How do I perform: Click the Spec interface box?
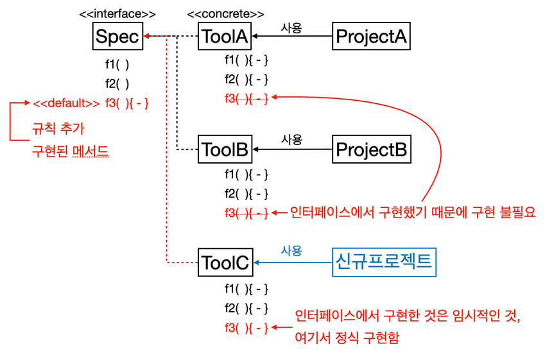point(117,36)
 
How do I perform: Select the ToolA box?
point(225,36)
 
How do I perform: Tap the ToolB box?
point(225,150)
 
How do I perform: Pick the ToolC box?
point(225,262)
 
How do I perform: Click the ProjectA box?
point(372,36)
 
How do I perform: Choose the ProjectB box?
point(372,150)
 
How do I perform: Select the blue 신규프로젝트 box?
point(384,262)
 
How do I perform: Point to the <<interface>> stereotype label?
point(117,13)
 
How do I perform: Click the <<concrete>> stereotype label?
point(226,13)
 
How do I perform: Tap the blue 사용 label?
point(291,250)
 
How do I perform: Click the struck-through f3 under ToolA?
point(246,98)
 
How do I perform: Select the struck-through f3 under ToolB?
point(246,213)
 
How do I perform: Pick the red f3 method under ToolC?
point(246,328)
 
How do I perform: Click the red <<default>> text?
point(67,103)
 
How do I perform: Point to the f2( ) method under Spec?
point(117,84)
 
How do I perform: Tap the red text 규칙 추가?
point(58,128)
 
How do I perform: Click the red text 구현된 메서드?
point(71,151)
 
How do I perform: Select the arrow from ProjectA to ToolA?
point(292,36)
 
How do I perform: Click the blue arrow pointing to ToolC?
point(293,262)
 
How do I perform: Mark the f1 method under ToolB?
point(246,175)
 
